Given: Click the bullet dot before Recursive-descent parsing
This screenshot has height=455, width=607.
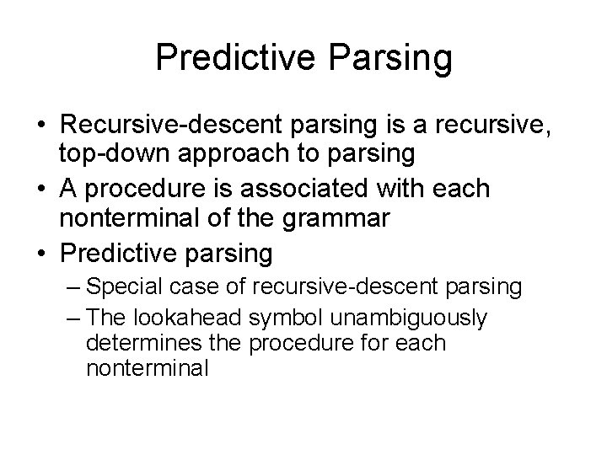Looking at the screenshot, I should pos(40,125).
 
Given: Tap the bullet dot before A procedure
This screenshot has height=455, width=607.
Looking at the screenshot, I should pos(40,188).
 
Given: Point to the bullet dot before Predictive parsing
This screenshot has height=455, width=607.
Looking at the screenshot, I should pos(40,252).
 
